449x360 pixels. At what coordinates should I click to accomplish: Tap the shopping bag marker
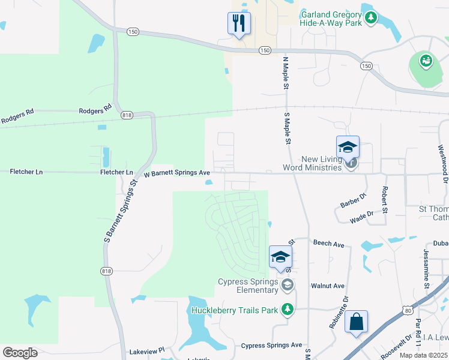click(x=356, y=322)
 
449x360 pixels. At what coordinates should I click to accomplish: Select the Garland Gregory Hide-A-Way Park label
click(x=331, y=18)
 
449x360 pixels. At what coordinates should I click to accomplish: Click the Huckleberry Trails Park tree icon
click(x=288, y=310)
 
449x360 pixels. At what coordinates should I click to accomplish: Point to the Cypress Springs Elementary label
click(x=249, y=286)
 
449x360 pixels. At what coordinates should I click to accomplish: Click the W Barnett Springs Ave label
click(x=176, y=173)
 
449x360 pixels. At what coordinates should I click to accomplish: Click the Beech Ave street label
click(x=328, y=244)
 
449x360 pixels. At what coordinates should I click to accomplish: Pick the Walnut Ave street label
click(x=327, y=286)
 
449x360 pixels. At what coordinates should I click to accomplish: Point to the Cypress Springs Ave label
click(x=271, y=346)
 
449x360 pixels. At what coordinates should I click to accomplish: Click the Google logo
click(x=20, y=352)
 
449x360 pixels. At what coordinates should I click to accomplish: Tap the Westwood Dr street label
click(x=442, y=163)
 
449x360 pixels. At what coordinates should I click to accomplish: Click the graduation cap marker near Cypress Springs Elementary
click(x=280, y=257)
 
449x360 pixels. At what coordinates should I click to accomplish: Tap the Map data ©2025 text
click(x=423, y=355)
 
